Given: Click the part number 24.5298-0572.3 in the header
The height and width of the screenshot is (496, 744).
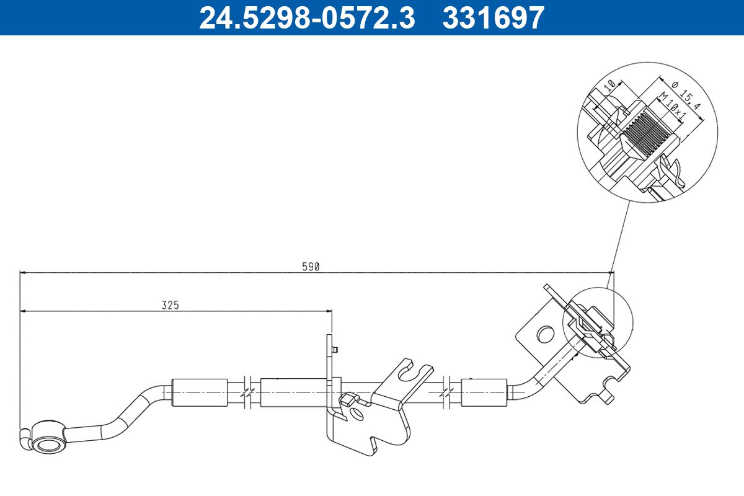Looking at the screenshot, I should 306,17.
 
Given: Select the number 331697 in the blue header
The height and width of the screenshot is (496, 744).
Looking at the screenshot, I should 493,17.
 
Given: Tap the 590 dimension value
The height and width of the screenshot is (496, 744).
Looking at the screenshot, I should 310,267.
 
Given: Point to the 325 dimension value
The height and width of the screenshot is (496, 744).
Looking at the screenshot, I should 170,305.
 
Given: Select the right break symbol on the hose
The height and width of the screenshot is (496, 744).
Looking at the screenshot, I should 447,392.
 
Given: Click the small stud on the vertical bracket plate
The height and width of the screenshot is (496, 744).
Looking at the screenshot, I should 335,350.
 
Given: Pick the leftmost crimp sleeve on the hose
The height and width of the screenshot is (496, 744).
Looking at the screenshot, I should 199,392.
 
